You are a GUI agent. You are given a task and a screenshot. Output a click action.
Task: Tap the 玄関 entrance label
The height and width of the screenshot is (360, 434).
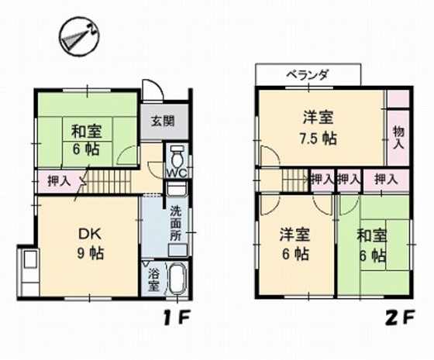tap(163, 121)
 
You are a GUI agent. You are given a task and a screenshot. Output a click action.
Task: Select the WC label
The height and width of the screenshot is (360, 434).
tap(177, 172)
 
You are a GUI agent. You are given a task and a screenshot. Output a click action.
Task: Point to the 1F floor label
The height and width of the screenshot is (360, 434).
tap(183, 317)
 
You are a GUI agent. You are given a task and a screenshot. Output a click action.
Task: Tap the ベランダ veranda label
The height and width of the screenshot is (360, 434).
tap(308, 75)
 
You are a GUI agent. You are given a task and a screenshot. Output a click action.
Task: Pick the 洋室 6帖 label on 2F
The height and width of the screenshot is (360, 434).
tap(296, 243)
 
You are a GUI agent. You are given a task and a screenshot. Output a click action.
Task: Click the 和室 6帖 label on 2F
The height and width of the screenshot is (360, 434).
tap(372, 245)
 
